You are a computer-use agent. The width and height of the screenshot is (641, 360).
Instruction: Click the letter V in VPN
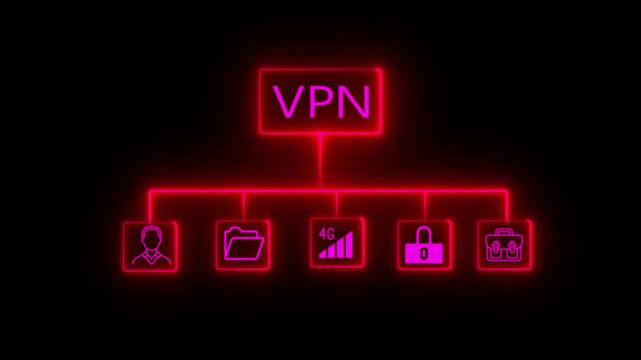click(288, 101)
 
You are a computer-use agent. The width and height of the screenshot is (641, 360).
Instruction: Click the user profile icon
click(150, 245)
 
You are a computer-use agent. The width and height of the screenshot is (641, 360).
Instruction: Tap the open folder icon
click(243, 245)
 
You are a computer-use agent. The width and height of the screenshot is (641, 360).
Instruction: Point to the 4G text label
click(326, 234)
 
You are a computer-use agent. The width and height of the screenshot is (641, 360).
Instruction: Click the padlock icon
click(424, 246)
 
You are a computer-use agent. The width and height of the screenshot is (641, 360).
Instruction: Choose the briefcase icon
click(504, 245)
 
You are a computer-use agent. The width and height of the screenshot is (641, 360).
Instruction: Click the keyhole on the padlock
click(424, 253)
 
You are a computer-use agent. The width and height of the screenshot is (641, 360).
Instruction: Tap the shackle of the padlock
click(424, 235)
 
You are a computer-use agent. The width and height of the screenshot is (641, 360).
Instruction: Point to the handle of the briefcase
click(504, 234)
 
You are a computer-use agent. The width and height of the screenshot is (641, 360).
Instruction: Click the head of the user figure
click(150, 237)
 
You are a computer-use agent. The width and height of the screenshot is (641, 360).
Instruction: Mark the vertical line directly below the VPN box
click(320, 160)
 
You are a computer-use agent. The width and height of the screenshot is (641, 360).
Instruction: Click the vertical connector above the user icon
click(150, 204)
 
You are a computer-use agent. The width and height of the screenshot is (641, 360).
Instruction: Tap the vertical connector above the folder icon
click(243, 204)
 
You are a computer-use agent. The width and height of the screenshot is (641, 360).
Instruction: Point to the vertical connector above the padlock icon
click(424, 204)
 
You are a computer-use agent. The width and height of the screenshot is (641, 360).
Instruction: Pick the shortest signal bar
click(322, 256)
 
